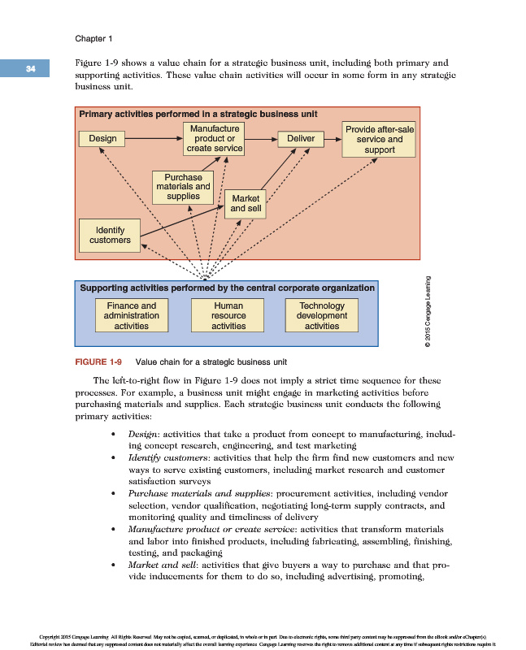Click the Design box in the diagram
point(103,139)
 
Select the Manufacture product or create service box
point(214,139)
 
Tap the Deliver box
point(301,139)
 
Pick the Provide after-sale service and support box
point(380,139)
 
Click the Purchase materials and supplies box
point(183,187)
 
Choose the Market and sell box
point(245,203)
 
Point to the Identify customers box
point(110,235)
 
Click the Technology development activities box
point(322,316)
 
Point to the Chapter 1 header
point(93,38)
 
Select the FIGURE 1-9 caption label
point(98,362)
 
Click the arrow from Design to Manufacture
point(154,139)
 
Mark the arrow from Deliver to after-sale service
point(332,139)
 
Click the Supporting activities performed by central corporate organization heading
point(227,288)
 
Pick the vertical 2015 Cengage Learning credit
point(427,313)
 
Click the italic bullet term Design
point(143,435)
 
